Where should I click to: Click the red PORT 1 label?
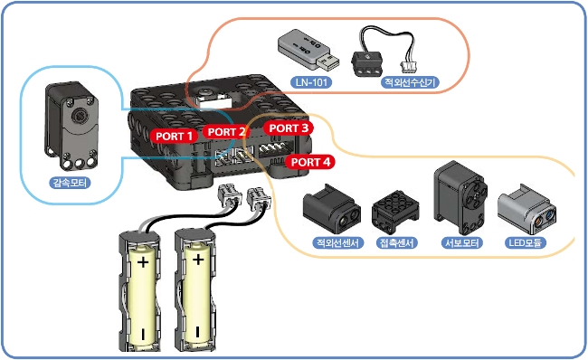point(174,136)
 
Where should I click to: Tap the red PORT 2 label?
point(226,132)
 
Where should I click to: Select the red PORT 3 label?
point(289,128)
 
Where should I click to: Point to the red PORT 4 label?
point(310,162)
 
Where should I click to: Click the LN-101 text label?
point(311,81)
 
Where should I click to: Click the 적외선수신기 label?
point(410,82)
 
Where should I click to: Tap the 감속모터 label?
point(70,183)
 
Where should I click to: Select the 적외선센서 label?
point(338,242)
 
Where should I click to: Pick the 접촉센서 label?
point(396,242)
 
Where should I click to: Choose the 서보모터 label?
point(461,242)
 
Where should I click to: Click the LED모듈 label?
point(525,242)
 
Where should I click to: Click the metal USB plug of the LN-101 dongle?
point(329,62)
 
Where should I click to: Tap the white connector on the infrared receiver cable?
point(408,66)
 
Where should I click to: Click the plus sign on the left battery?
point(143,261)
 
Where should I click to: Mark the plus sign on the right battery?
point(198,259)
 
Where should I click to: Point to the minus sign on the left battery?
point(143,334)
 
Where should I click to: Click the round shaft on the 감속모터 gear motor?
point(80,116)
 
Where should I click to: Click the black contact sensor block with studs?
point(395,213)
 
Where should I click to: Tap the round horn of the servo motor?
point(473,195)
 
